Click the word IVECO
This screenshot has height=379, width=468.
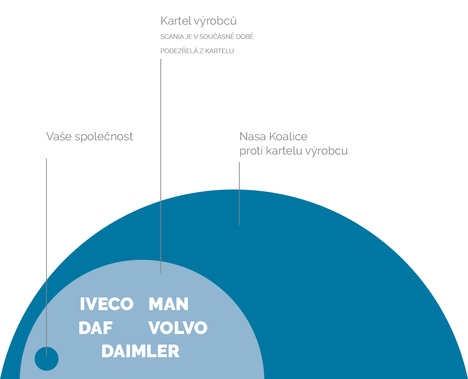tap(106, 304)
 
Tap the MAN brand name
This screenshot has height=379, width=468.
tap(169, 304)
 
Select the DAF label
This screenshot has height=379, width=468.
tap(96, 328)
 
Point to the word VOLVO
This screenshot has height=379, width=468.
tap(178, 328)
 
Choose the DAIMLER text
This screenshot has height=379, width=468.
tap(140, 352)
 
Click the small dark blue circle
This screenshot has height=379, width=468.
tap(46, 359)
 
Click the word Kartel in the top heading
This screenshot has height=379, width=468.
tap(176, 21)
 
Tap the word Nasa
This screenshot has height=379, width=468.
tap(253, 136)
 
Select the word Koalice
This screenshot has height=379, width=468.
tap(288, 136)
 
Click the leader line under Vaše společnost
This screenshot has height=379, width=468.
tap(46, 257)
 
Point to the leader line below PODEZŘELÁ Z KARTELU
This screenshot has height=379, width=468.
tap(161, 166)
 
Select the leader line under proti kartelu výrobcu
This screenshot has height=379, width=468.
tap(239, 193)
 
